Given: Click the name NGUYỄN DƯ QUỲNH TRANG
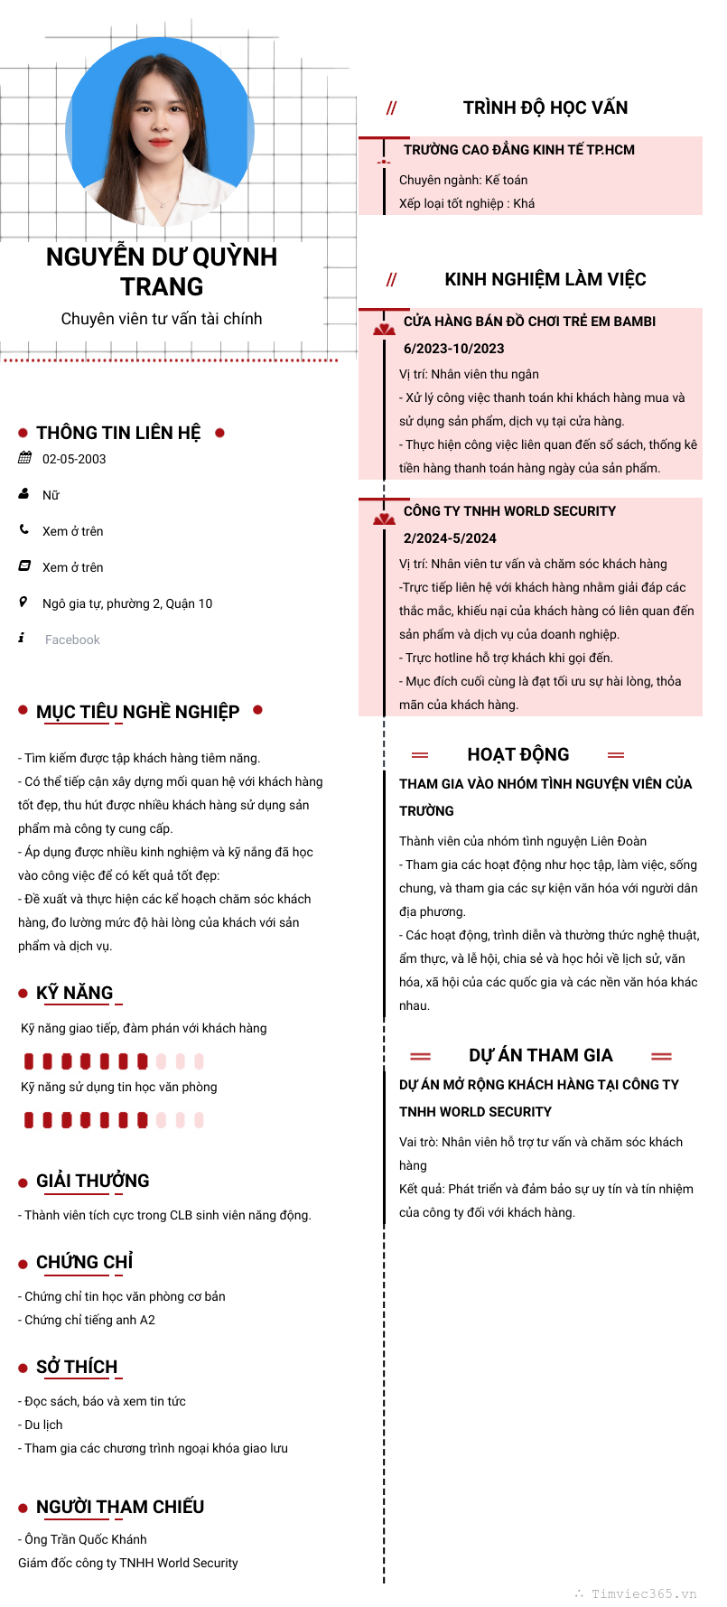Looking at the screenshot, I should point(162,271).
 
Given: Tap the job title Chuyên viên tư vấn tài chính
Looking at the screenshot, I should point(162,319).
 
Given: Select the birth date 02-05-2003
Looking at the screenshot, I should point(74,459).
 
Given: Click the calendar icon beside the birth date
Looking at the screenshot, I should point(24,458).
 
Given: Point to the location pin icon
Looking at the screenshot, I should point(23,603).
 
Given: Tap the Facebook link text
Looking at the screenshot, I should point(72,640).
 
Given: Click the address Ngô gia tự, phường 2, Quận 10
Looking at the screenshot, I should point(127,603).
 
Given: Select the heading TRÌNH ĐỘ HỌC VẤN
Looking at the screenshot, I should point(545,107).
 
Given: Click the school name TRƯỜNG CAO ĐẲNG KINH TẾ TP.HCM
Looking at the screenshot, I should point(518,150).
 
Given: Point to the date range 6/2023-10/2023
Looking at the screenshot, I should point(453,349).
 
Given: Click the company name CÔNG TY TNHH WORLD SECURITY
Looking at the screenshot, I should point(509,511).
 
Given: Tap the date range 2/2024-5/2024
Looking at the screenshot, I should point(450,538).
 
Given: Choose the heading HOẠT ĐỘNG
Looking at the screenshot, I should point(517,754).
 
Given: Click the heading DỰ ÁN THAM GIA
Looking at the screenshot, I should point(540,1055).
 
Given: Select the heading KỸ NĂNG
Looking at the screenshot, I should point(74,993).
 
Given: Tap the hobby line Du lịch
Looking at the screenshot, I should point(43,1425).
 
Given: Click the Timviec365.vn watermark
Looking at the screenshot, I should point(643,1593).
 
